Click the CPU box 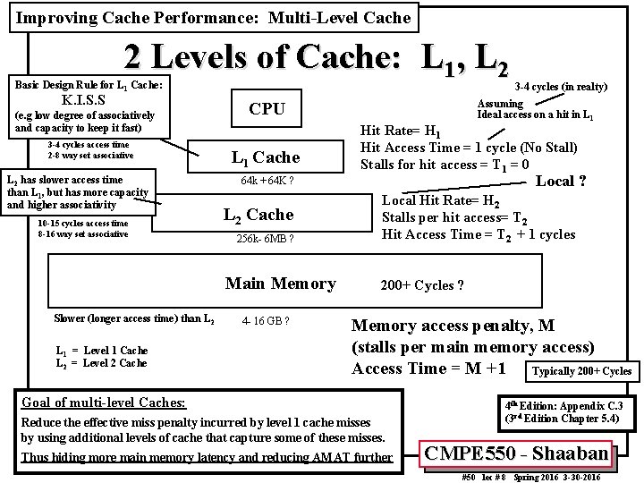(267, 109)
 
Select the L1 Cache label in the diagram (266, 157)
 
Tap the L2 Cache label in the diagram (258, 215)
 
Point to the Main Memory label (280, 284)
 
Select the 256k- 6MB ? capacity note (266, 239)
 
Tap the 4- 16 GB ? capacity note (267, 320)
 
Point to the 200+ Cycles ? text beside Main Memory (422, 285)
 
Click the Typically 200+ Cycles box (581, 371)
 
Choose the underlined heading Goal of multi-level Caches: (103, 403)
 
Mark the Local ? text (561, 182)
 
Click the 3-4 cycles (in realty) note (562, 87)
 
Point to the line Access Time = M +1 (429, 369)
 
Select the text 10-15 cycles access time (83, 224)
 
